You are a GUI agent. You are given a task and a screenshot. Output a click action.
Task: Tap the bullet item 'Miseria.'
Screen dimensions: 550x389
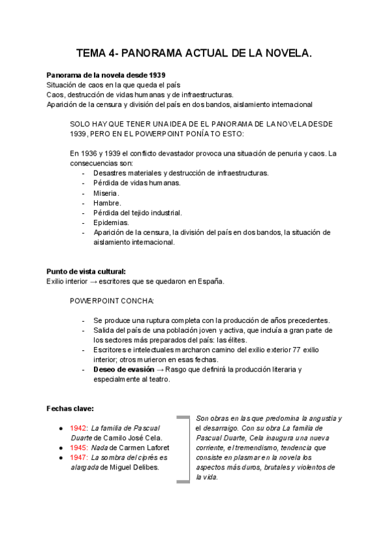coord(106,193)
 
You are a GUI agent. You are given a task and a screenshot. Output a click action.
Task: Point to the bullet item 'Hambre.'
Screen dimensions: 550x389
coord(107,202)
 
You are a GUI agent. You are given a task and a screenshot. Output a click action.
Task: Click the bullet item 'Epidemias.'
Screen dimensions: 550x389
coord(111,222)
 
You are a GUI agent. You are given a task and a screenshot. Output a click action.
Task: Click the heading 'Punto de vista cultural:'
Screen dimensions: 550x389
coord(86,271)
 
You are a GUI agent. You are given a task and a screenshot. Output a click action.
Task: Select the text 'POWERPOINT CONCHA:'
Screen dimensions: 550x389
coord(112,301)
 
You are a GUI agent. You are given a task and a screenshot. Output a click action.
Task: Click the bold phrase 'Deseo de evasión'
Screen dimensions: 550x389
coord(123,369)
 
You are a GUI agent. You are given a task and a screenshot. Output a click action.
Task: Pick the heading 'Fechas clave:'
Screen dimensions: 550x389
coord(70,409)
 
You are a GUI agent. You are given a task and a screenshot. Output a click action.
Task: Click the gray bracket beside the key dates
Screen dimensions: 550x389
coord(184,448)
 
